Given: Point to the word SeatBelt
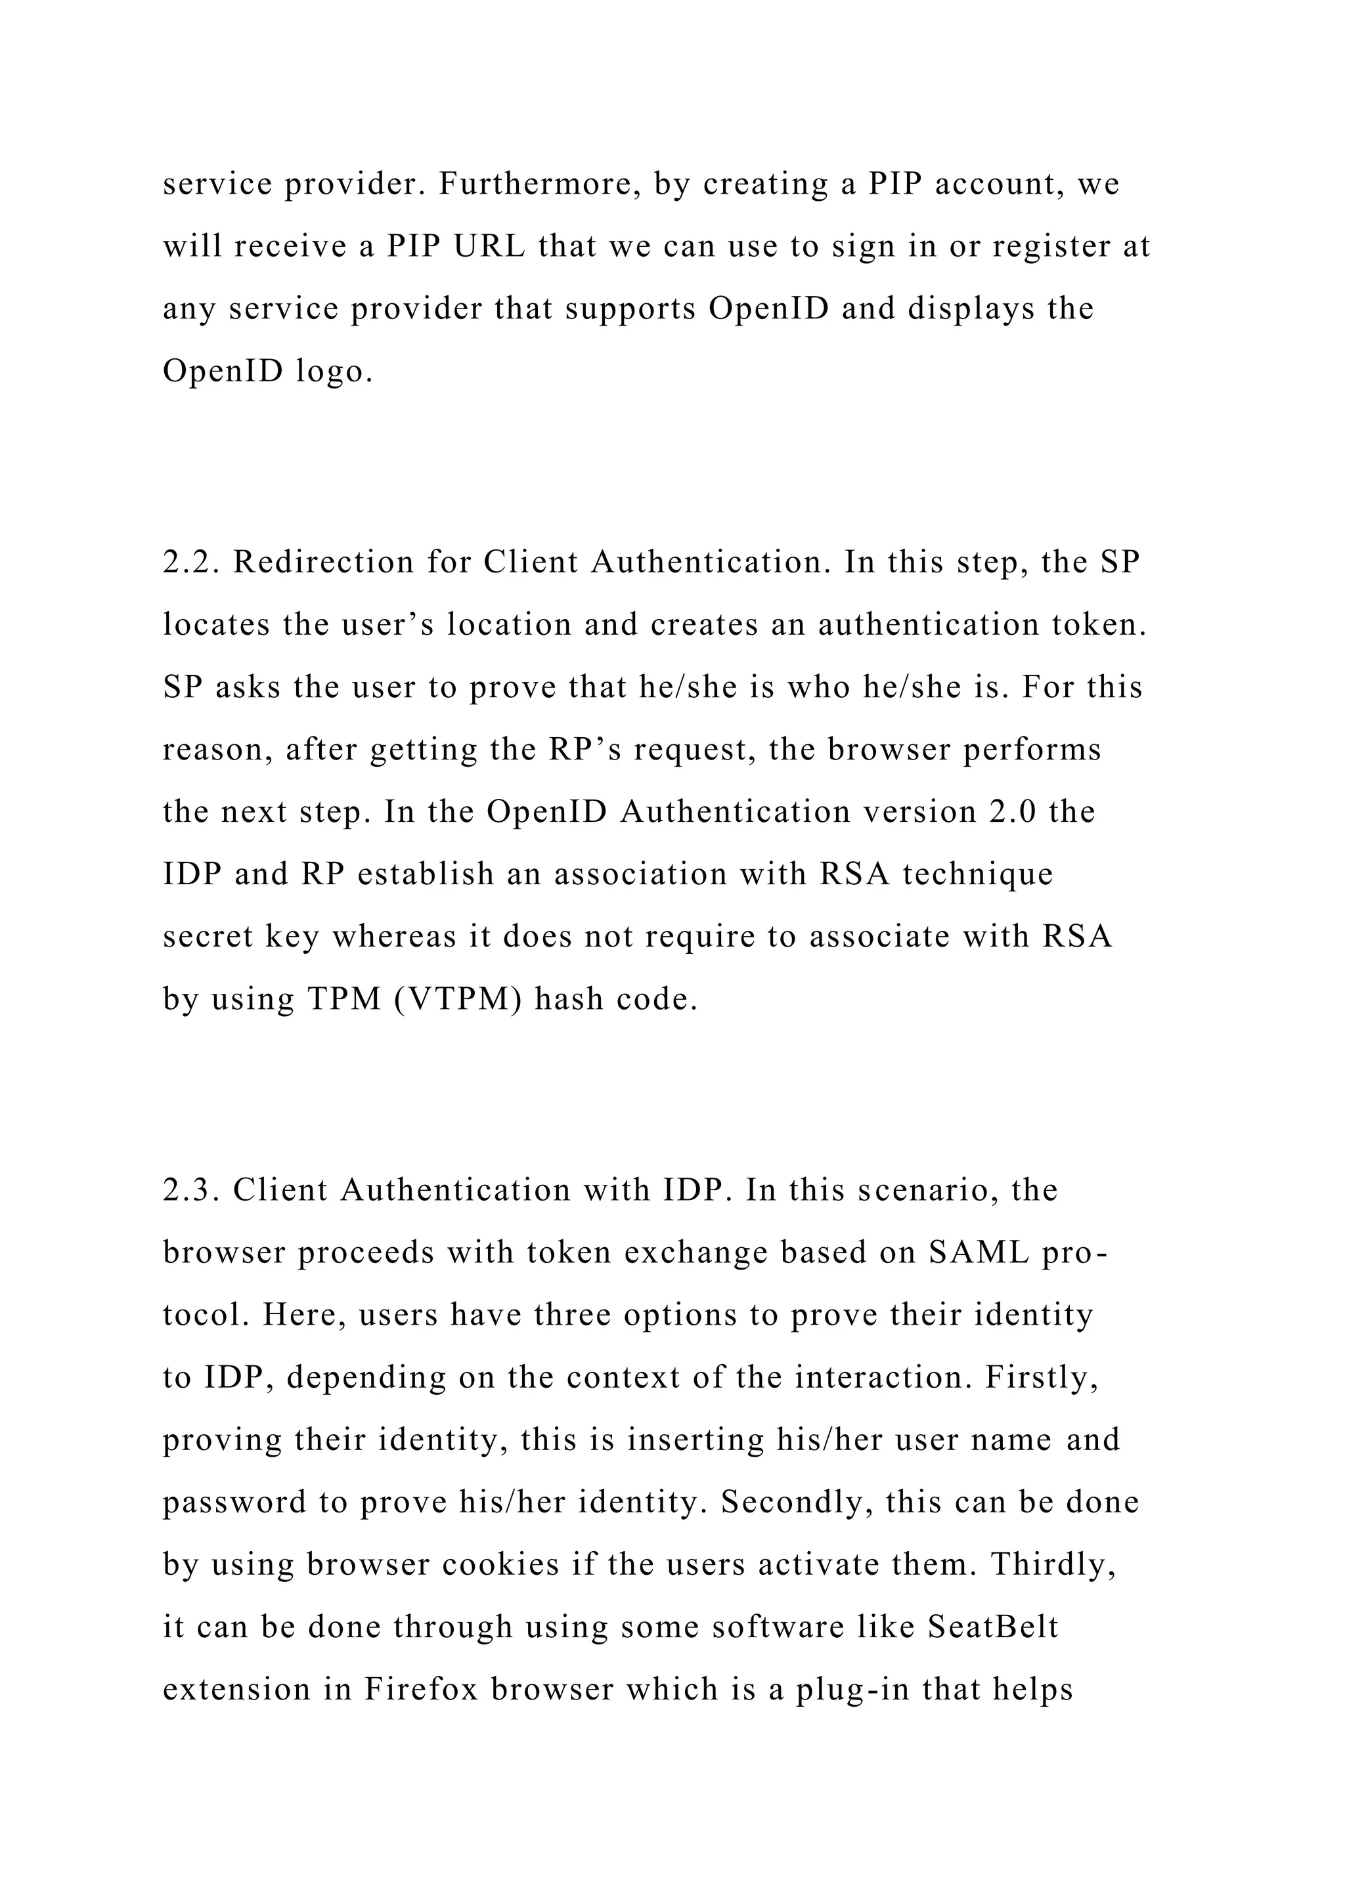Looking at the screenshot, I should [992, 1627].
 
